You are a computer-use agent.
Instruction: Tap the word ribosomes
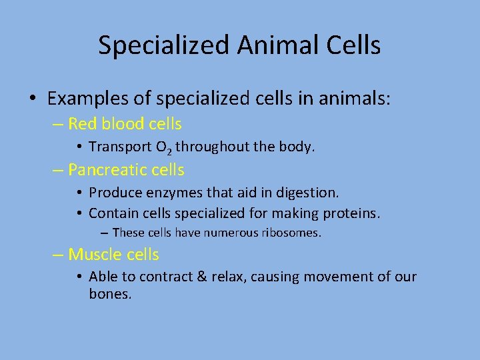point(292,233)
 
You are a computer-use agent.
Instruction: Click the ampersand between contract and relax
point(203,277)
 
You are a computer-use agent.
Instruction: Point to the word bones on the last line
point(109,293)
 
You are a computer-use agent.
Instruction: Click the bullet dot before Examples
point(32,100)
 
